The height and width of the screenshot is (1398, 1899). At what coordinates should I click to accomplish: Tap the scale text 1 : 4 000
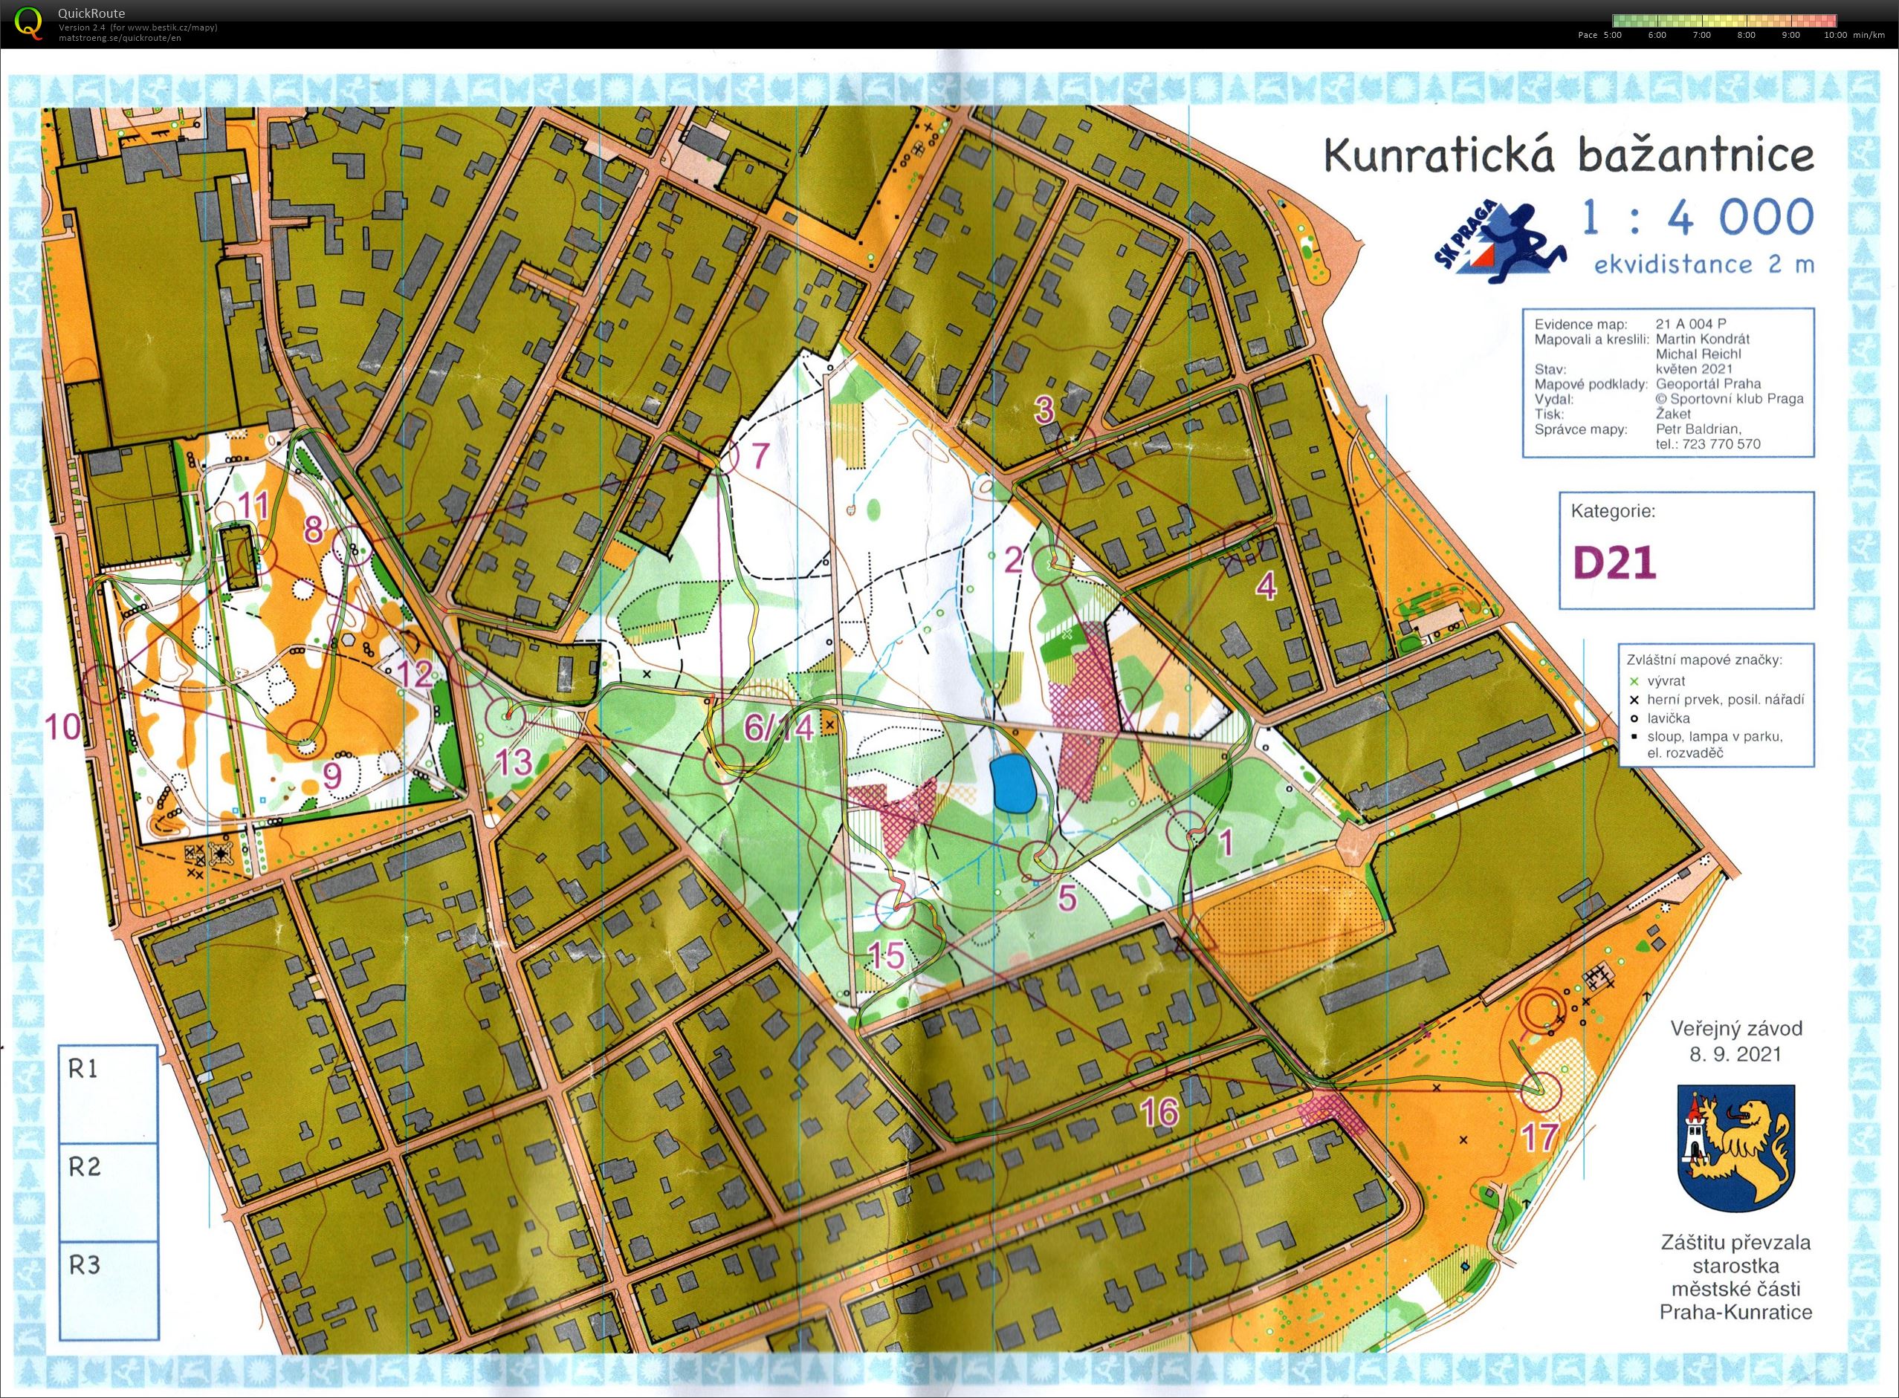pos(1698,218)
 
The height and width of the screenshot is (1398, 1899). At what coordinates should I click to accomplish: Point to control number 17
pos(1540,1137)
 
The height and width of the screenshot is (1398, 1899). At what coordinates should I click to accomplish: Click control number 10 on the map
pos(63,726)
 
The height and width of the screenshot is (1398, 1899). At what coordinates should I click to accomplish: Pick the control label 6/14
pos(778,727)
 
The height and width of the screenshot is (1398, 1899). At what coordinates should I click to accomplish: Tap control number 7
pos(760,456)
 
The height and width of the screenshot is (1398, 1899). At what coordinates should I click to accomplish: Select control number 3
pos(1044,409)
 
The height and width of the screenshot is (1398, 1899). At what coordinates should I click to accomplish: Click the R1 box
pos(109,1093)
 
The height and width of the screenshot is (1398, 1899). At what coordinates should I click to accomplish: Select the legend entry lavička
pos(1669,718)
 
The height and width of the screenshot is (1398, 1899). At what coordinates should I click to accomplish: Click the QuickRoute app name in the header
pos(91,13)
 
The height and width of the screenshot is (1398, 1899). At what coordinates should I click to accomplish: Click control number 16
pos(1159,1112)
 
